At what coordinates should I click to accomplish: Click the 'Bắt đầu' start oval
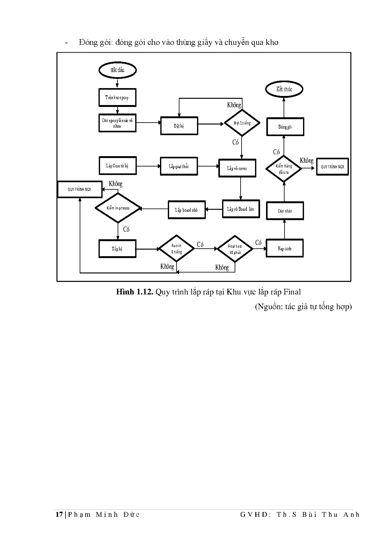click(x=117, y=70)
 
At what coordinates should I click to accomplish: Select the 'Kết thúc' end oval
click(x=284, y=89)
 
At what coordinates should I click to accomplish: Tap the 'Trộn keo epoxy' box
click(x=117, y=98)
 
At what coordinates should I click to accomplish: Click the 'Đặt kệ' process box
click(x=179, y=126)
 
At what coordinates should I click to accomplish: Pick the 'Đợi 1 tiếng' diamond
click(x=242, y=123)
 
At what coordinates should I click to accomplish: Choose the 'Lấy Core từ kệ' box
click(x=117, y=166)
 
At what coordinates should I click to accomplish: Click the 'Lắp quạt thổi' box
click(x=179, y=166)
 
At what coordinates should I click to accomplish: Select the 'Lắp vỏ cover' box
click(x=237, y=168)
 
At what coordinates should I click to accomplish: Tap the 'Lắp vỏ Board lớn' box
click(x=241, y=209)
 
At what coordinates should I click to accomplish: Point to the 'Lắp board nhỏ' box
click(x=187, y=210)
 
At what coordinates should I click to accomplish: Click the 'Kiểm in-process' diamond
click(x=118, y=208)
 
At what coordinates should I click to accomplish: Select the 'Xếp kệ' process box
click(x=117, y=249)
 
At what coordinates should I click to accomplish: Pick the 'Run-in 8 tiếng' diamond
click(x=177, y=249)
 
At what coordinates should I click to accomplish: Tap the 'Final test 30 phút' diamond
click(x=235, y=249)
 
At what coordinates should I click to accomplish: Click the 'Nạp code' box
click(x=285, y=248)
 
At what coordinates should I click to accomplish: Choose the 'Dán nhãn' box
click(x=285, y=211)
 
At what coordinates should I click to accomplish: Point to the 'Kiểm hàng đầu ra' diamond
click(x=284, y=169)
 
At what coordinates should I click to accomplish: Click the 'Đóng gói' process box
click(x=285, y=127)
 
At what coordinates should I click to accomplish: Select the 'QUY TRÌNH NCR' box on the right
click(x=332, y=167)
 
